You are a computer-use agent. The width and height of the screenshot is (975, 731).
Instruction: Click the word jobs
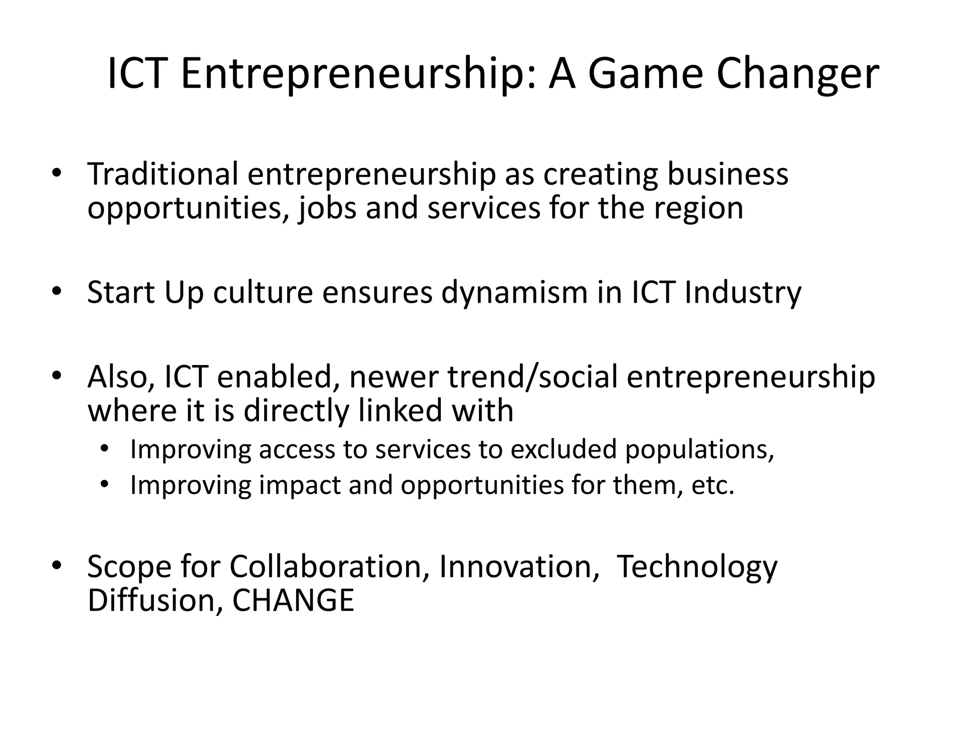327,209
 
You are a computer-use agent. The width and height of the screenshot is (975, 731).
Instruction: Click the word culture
262,292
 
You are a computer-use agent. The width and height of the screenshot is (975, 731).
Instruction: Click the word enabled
274,376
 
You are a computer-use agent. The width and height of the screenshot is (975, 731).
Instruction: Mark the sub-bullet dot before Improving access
105,448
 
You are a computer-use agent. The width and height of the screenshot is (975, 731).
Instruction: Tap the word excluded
564,449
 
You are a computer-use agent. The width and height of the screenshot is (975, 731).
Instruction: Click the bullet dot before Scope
57,565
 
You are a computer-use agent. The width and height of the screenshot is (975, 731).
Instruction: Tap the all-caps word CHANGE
293,601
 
